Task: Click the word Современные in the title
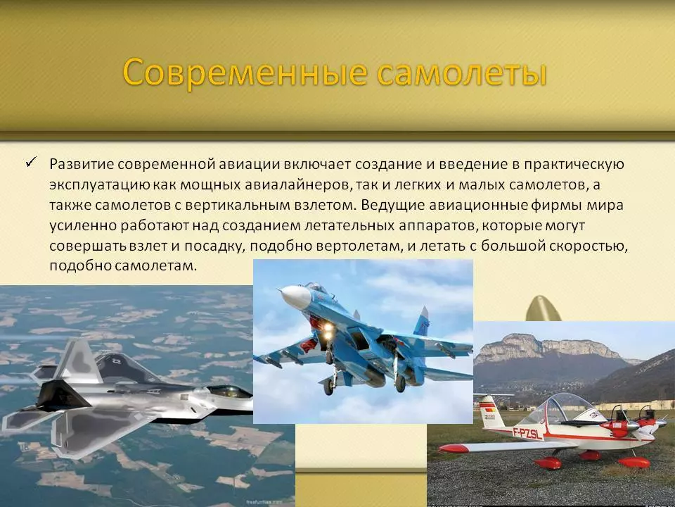245,73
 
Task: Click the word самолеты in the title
462,73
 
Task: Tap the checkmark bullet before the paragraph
31,162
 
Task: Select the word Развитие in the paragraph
81,164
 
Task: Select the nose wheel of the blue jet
328,387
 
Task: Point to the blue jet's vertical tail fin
423,321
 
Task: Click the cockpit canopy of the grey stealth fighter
228,392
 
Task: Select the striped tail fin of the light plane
491,411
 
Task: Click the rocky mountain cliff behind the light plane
547,347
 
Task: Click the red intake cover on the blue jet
308,345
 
